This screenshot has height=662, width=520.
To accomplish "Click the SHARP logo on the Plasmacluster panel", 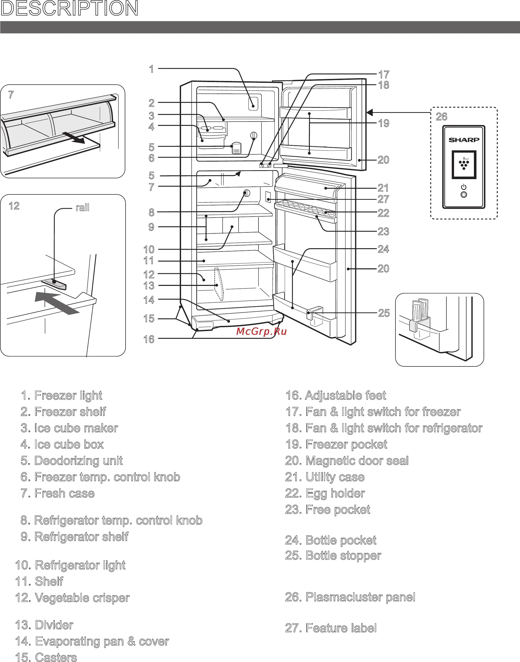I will coord(464,140).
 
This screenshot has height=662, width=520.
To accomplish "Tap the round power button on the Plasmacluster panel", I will coord(464,195).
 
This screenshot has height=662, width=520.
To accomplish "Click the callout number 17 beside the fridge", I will coord(384,74).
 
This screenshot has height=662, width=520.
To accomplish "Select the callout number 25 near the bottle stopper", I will coord(384,313).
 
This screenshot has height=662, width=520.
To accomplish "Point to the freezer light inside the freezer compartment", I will coord(253,103).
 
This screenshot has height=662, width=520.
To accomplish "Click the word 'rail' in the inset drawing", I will coord(82,208).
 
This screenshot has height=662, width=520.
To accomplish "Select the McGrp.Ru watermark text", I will coord(261,332).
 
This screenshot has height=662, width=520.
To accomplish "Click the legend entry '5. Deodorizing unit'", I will coord(72,461).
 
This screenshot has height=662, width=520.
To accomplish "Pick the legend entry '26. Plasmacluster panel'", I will coord(350,597).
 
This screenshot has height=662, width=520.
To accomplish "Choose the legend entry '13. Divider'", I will coord(44,625).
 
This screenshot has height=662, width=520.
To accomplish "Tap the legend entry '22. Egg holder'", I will coord(325,493).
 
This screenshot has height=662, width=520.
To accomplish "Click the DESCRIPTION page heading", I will coord(70,8).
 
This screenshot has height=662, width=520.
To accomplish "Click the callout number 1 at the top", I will coord(151,69).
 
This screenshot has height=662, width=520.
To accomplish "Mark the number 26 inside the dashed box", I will coord(442,117).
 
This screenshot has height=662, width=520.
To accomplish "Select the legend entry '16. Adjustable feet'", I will coord(335,395).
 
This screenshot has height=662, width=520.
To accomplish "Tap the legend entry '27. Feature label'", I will coord(331,628).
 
